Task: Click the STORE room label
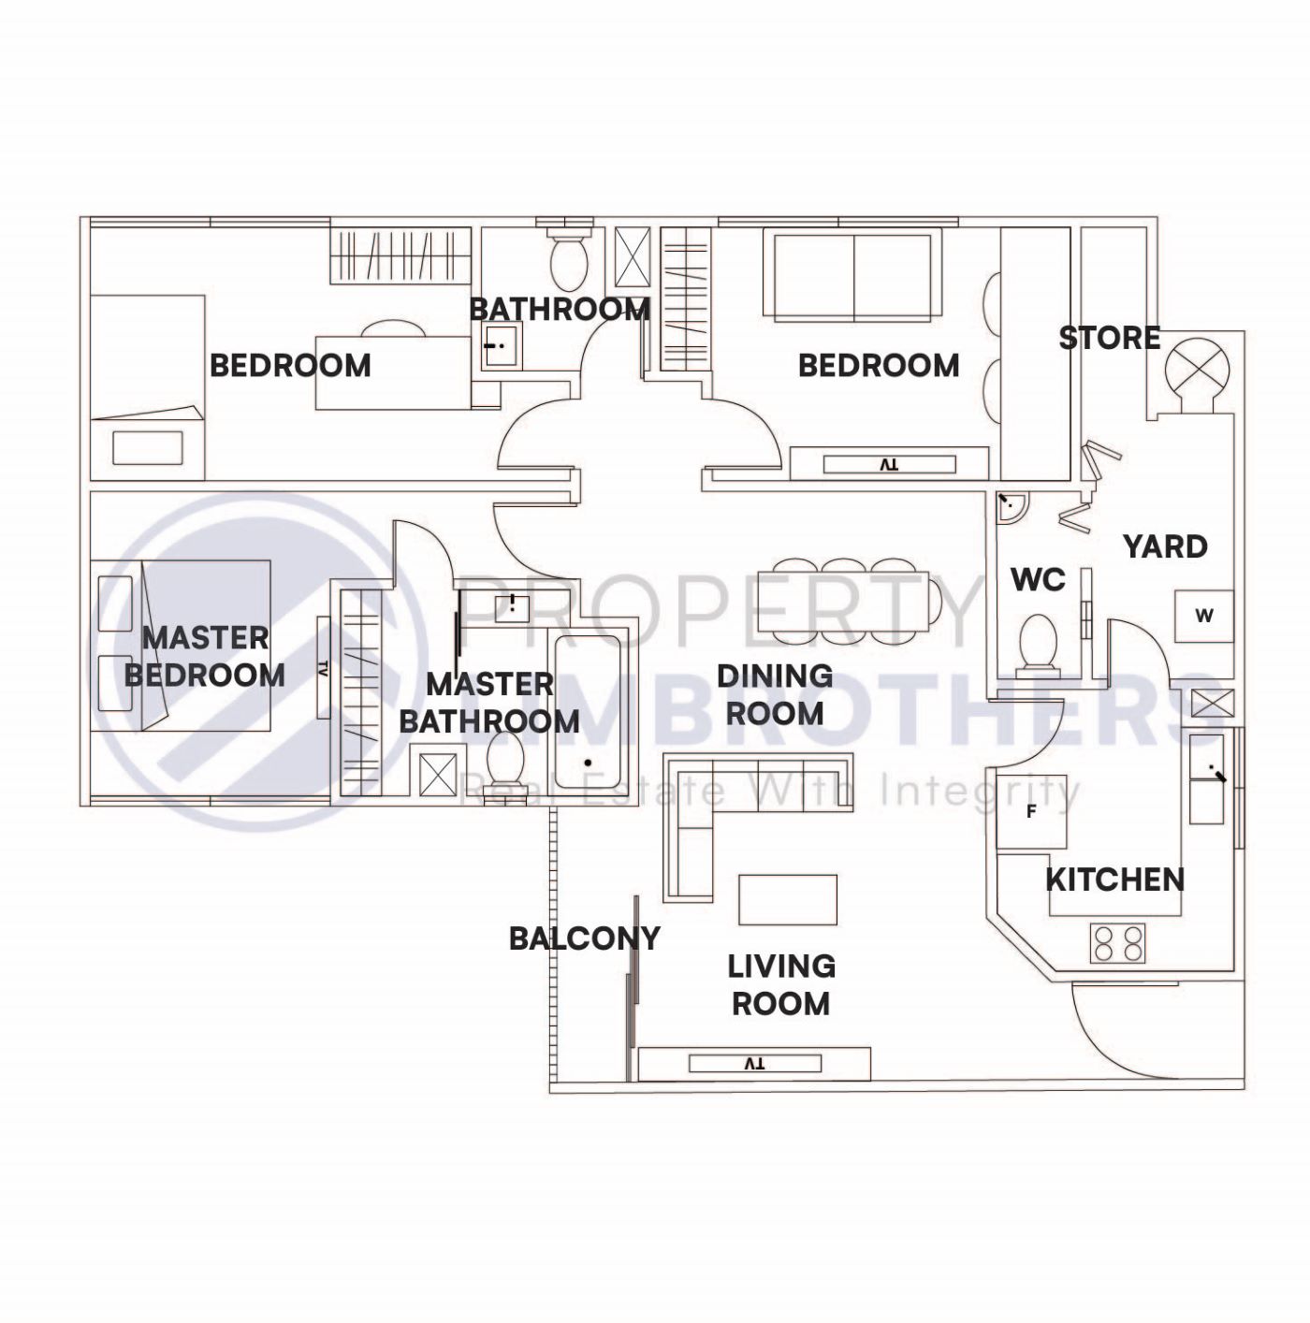click(x=1109, y=338)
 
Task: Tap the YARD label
click(x=1165, y=546)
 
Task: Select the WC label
click(x=1038, y=580)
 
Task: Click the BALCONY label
click(x=584, y=938)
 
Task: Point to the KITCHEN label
click(x=1113, y=880)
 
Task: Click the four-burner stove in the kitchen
click(x=1118, y=943)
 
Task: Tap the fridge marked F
click(x=1031, y=811)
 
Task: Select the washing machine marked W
click(x=1204, y=616)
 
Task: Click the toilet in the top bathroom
click(x=567, y=257)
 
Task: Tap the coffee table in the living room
click(x=788, y=899)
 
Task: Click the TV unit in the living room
click(x=754, y=1064)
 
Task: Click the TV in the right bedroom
click(x=889, y=464)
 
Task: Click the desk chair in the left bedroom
click(x=393, y=329)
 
